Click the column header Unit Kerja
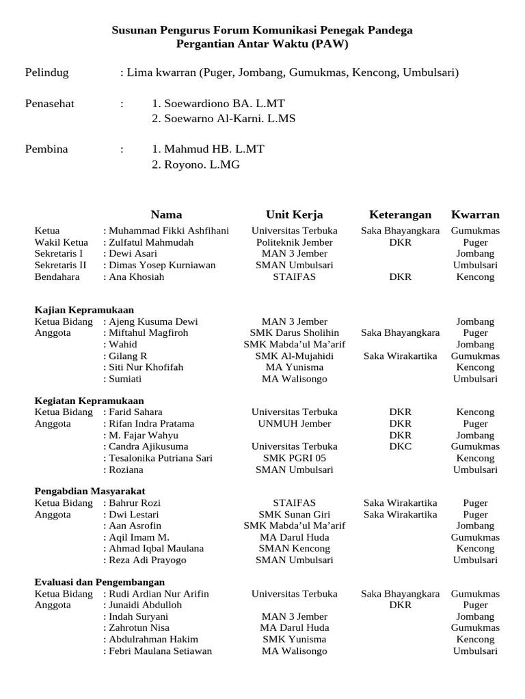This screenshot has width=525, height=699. click(x=294, y=214)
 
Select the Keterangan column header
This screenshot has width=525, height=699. click(x=400, y=214)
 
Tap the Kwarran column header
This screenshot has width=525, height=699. click(x=475, y=214)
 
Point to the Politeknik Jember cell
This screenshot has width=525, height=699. click(x=294, y=242)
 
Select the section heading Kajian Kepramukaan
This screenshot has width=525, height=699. click(x=84, y=310)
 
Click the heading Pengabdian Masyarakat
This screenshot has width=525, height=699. click(x=90, y=491)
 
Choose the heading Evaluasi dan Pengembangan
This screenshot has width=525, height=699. click(x=100, y=582)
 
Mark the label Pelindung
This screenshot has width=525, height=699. click(x=46, y=72)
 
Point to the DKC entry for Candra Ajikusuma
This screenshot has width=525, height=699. click(x=400, y=446)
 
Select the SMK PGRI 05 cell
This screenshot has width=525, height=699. click(x=294, y=458)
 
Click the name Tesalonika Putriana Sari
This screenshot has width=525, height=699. click(x=161, y=458)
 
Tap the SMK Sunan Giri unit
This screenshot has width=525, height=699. click(x=294, y=515)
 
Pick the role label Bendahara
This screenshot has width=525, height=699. click(x=57, y=276)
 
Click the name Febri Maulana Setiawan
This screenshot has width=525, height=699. click(x=161, y=651)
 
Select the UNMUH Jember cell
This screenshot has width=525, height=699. click(x=294, y=424)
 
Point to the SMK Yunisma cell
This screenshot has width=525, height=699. click(x=294, y=640)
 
